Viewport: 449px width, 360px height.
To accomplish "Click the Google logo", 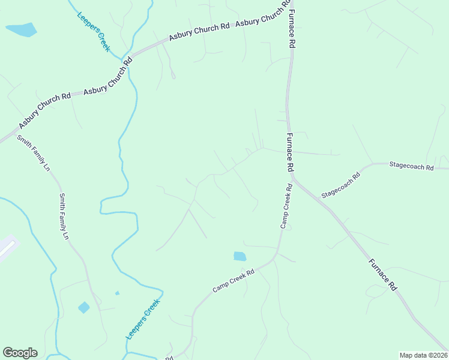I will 20,353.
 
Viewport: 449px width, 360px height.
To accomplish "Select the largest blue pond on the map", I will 21,29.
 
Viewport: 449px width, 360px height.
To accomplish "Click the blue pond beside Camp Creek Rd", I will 240,256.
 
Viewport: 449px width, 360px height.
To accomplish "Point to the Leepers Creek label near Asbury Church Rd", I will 94,31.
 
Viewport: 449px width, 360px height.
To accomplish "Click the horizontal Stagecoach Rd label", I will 411,166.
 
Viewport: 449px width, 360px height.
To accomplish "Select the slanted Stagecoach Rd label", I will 340,185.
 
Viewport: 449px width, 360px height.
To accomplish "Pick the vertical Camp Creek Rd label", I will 286,206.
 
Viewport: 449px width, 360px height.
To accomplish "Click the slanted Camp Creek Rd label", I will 234,281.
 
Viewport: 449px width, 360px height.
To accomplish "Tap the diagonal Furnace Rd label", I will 382,274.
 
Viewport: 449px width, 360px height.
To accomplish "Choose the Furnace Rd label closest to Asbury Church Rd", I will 292,29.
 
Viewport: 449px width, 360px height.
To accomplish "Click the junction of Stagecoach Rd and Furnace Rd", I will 294,176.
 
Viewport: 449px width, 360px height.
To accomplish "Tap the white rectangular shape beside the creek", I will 6,247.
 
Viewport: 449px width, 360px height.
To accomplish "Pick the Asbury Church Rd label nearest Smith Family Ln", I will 45,110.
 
